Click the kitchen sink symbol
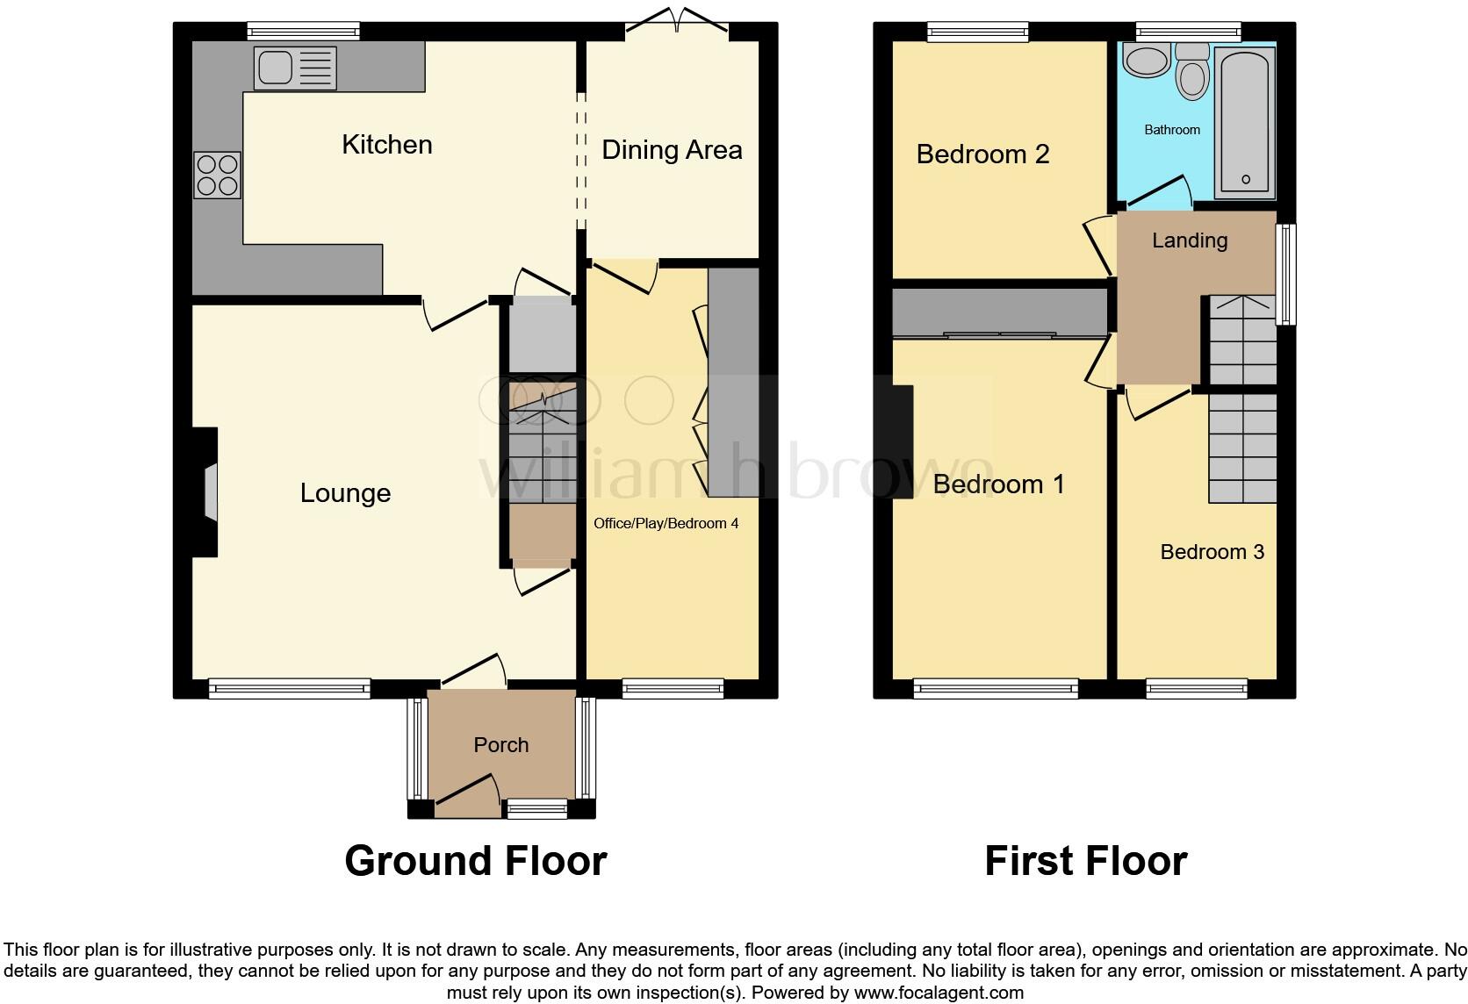click(294, 68)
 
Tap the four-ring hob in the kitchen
click(217, 175)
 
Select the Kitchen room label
click(386, 145)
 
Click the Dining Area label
click(672, 150)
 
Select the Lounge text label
click(345, 493)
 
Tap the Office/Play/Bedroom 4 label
click(666, 524)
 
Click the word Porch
click(500, 745)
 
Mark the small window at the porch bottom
click(538, 808)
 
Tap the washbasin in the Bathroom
click(1146, 61)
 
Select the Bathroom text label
click(1171, 130)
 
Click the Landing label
click(1189, 240)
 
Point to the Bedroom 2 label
click(982, 154)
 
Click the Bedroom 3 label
click(1212, 552)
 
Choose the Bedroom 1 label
click(998, 484)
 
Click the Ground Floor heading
click(475, 861)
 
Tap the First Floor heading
click(1085, 861)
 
